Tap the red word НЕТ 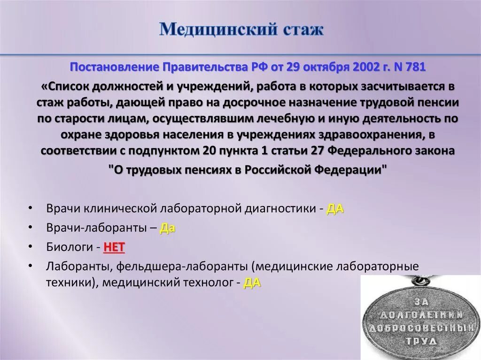pyautogui.click(x=114, y=247)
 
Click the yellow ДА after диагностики pyautogui.click(x=335, y=209)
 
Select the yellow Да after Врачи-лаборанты pyautogui.click(x=168, y=228)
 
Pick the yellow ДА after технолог pyautogui.click(x=252, y=283)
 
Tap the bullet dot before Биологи pyautogui.click(x=31, y=247)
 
